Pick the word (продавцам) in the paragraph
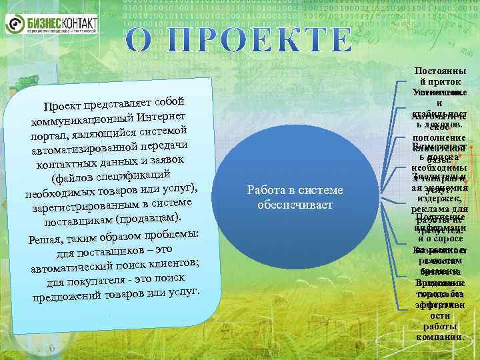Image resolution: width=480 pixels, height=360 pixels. [148, 219]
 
